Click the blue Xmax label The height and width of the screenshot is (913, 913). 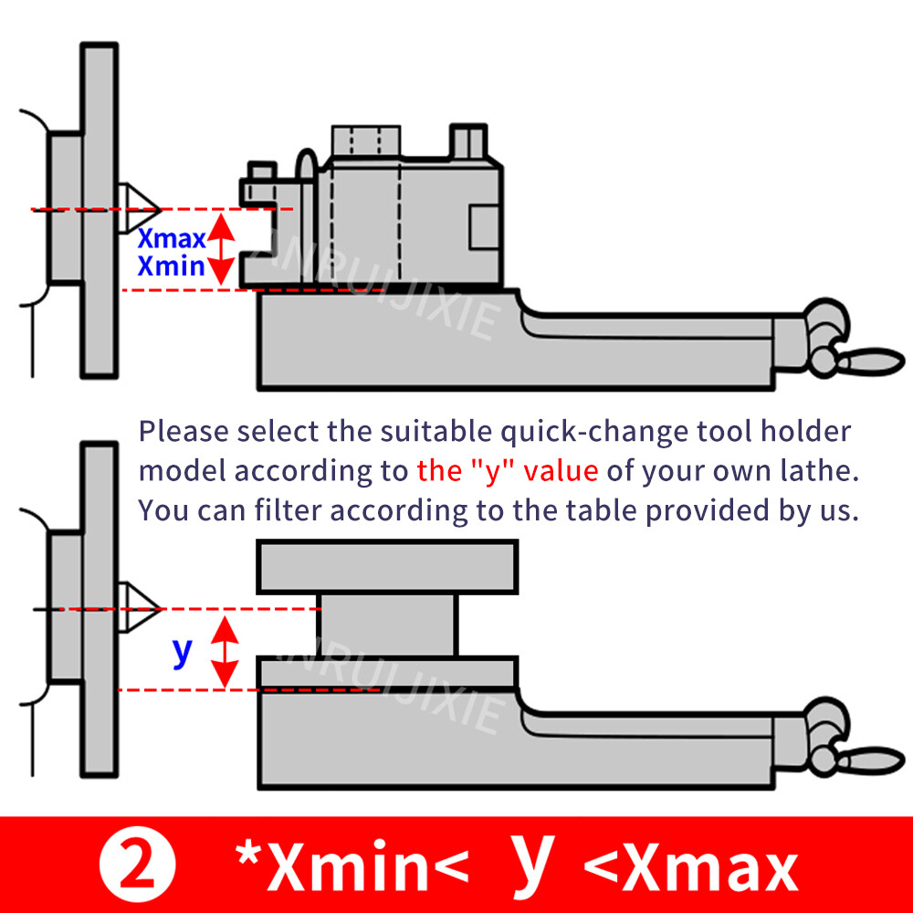[x=172, y=239]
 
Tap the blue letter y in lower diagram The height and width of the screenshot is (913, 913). [x=183, y=650]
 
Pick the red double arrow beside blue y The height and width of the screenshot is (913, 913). [x=225, y=649]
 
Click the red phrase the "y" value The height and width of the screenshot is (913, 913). [x=507, y=471]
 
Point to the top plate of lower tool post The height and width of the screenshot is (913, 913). [x=387, y=566]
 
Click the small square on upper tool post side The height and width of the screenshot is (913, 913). [x=485, y=225]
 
